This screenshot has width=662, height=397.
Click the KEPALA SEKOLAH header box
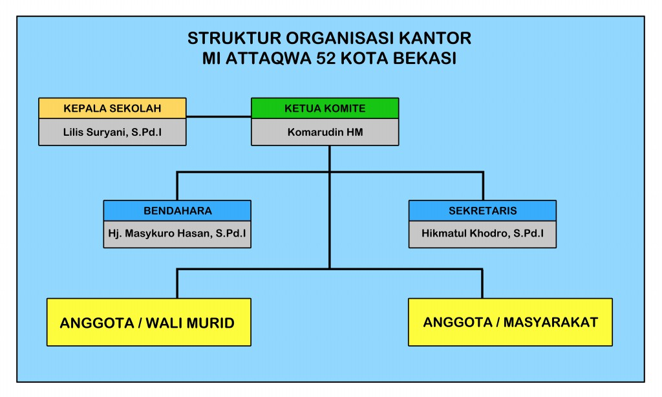[112, 108]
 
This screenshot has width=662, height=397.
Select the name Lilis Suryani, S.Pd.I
[112, 133]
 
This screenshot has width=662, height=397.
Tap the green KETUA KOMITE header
[325, 108]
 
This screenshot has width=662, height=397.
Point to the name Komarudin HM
[325, 133]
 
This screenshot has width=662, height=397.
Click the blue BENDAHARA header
[177, 211]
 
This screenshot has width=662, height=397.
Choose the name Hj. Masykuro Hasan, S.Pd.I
[177, 235]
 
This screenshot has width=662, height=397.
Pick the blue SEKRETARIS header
[482, 211]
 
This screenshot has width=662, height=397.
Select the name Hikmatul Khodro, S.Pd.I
[482, 235]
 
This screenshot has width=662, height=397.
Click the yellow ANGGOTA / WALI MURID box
[149, 322]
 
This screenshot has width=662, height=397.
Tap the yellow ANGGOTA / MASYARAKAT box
[510, 321]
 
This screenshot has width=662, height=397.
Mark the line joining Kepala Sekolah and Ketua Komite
[219, 117]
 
